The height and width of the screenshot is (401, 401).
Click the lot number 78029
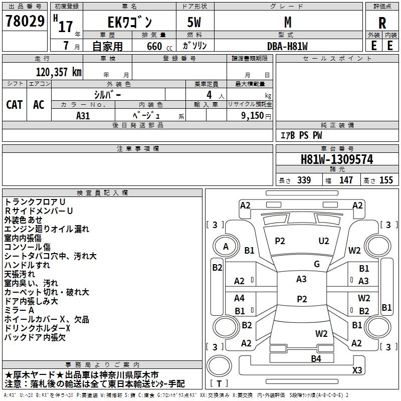pos(25,22)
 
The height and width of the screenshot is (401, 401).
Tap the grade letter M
pos(287,22)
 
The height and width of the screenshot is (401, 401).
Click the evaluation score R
pos(382,23)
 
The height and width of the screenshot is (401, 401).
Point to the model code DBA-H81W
pos(287,46)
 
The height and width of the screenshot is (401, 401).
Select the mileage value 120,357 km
pos(59,72)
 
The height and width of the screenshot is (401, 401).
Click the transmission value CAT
pos(14,104)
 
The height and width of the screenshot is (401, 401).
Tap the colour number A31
pos(83,115)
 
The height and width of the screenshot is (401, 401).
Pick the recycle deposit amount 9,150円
pos(255,115)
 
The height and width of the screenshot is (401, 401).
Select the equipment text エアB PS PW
pos(301,135)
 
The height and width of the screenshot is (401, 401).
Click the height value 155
pos(386,180)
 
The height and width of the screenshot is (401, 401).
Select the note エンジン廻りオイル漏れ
pos(47,229)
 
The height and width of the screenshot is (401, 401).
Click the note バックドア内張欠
pos(35,337)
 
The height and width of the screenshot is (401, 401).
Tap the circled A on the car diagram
pos(226,247)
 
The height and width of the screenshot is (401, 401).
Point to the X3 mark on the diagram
pos(357,370)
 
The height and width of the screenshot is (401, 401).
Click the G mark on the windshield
pos(316,264)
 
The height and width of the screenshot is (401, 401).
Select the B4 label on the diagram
pos(316,358)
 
